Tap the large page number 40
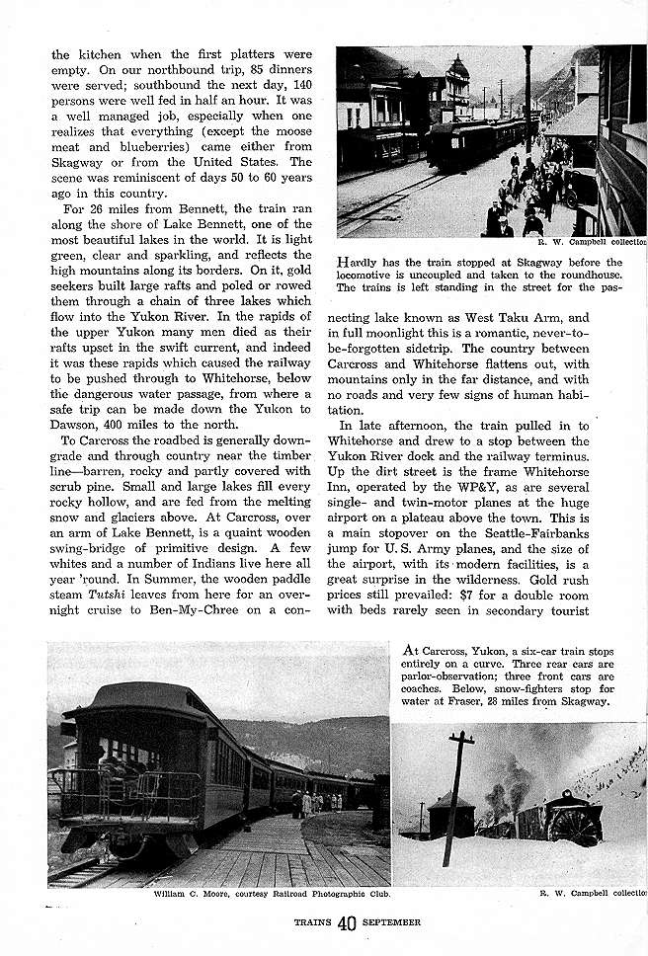346,924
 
